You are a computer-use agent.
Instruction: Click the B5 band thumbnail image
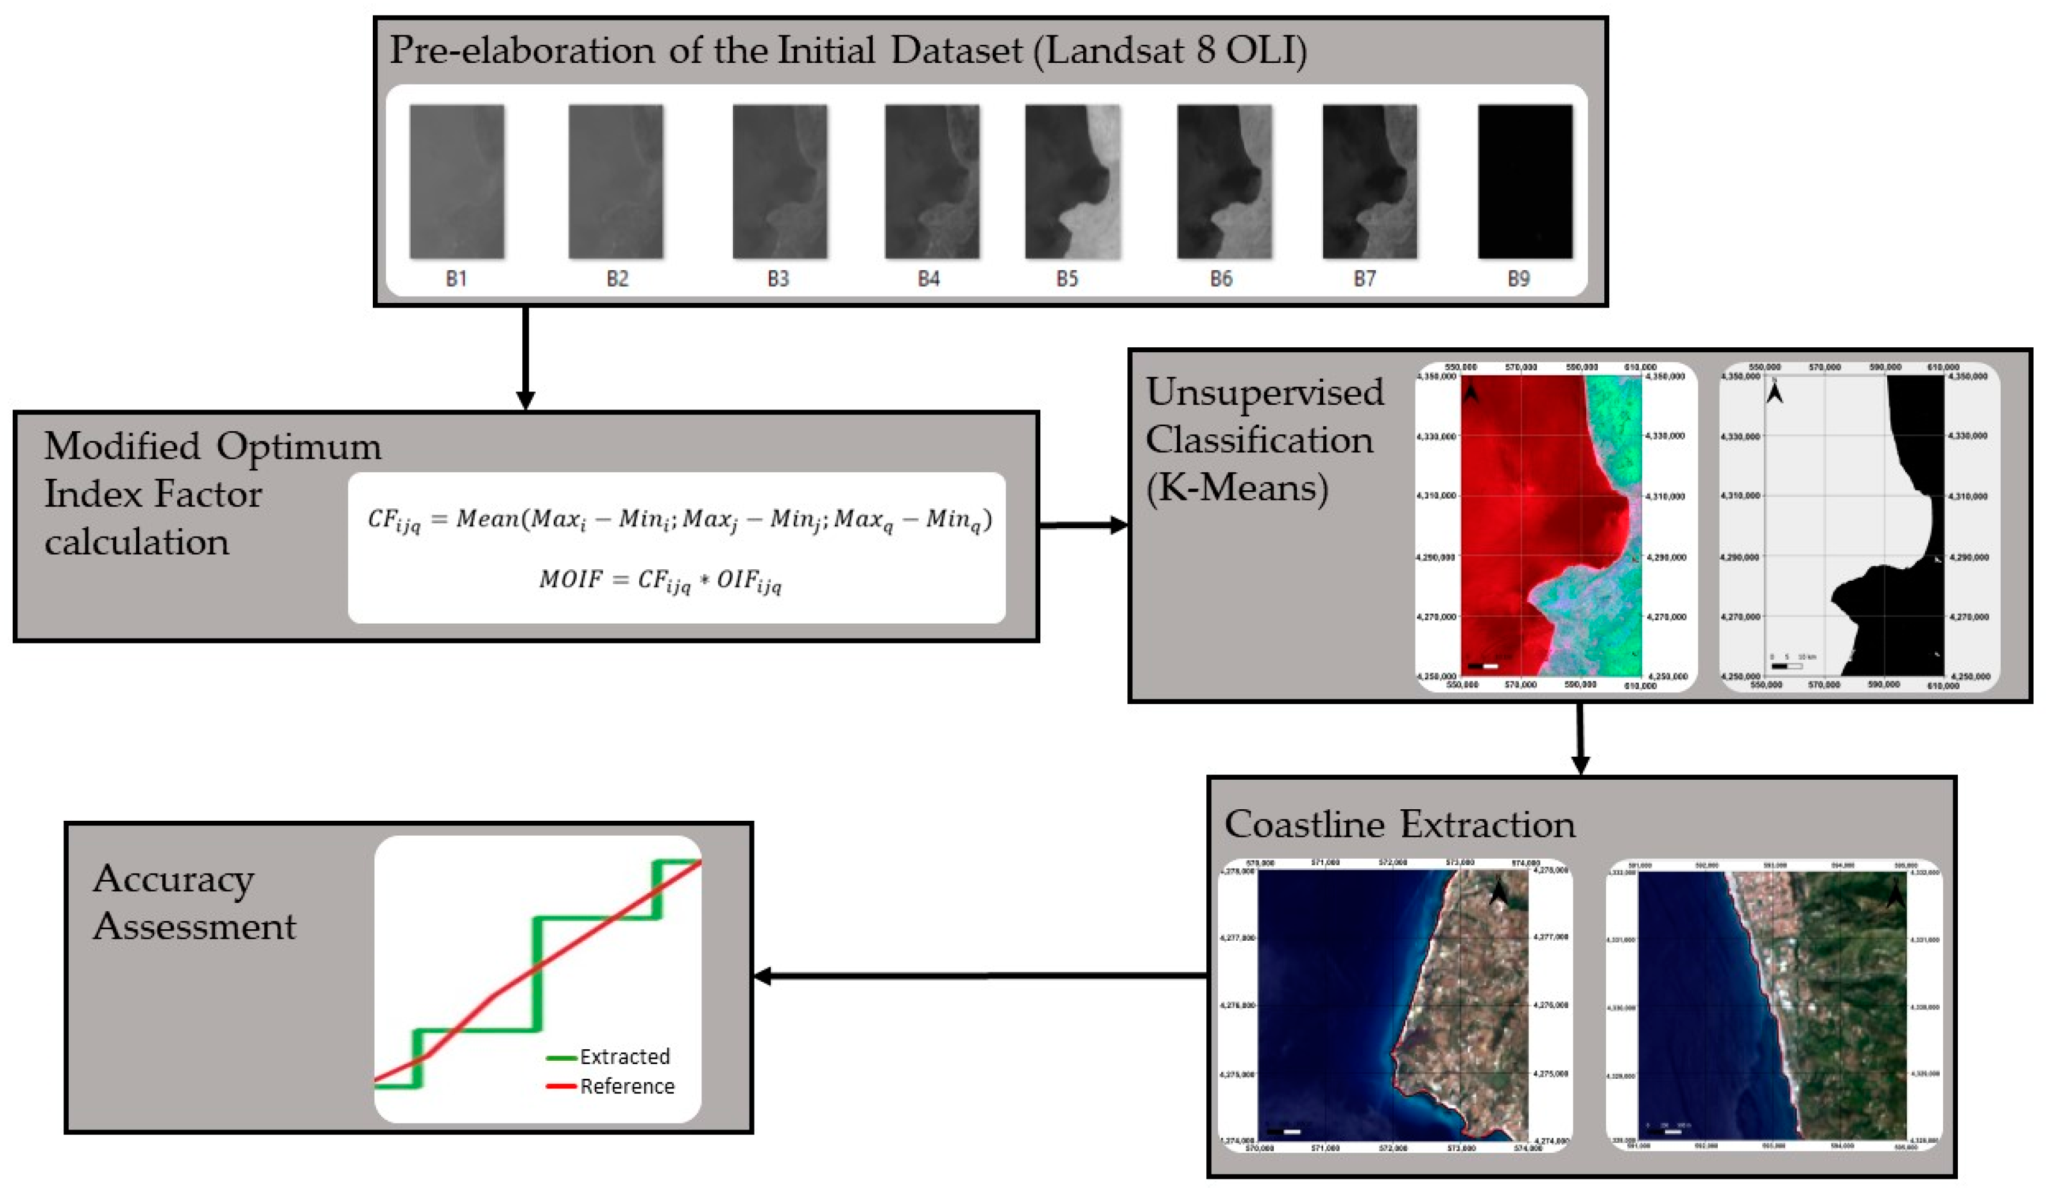click(x=1072, y=181)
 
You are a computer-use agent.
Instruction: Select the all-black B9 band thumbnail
click(x=1525, y=181)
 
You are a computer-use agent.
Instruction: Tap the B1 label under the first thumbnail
click(x=456, y=279)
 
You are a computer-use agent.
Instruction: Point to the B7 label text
click(x=1365, y=279)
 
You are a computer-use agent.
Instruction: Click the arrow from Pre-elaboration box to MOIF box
click(x=526, y=357)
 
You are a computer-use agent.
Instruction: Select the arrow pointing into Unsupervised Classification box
click(x=1084, y=526)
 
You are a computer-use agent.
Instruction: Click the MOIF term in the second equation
click(x=571, y=579)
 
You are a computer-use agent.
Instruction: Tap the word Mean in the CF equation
click(x=488, y=518)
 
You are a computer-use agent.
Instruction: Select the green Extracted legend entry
click(x=609, y=1056)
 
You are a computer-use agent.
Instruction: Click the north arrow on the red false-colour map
click(x=1471, y=393)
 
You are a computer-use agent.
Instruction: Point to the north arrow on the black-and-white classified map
click(x=1775, y=393)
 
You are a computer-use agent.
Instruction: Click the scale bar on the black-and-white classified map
click(x=1786, y=666)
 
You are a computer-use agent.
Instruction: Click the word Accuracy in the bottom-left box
click(x=173, y=880)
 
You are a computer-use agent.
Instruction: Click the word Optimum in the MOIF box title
click(x=298, y=446)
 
